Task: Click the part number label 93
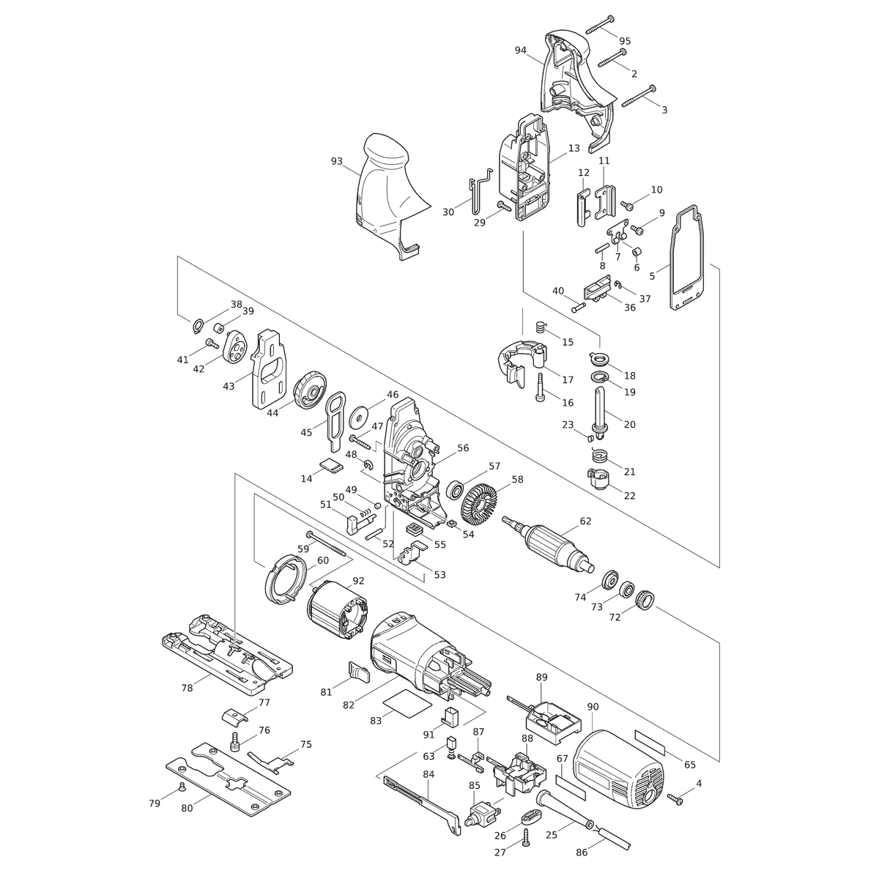click(x=337, y=161)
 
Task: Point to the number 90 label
click(x=593, y=707)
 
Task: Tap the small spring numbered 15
click(x=541, y=327)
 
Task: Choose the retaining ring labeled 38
click(x=197, y=326)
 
